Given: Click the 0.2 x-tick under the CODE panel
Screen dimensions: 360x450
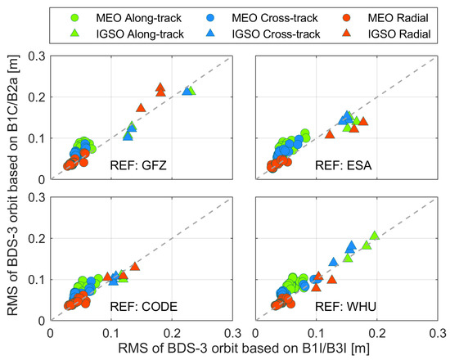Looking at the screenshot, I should (x=172, y=334).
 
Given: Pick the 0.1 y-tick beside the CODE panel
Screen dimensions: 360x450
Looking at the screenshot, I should (x=37, y=280).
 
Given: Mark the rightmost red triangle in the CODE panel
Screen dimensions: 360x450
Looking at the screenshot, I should (x=135, y=266).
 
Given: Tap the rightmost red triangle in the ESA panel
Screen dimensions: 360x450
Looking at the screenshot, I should (x=363, y=121).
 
